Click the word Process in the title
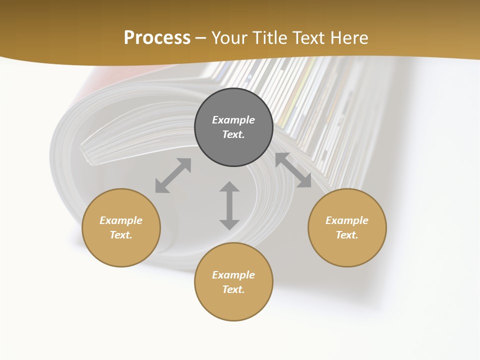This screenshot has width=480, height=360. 157,37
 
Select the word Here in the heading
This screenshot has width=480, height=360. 350,37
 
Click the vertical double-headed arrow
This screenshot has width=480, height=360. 229,205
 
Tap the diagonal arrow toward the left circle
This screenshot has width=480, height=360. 173,175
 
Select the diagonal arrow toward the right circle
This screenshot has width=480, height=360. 293,170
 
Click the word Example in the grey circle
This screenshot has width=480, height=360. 233,120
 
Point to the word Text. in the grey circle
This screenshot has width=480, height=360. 233,134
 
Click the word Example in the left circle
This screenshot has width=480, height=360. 121,220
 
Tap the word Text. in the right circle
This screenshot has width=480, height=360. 347,235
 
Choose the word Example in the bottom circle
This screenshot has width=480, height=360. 233,275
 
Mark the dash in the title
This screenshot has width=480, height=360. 201,38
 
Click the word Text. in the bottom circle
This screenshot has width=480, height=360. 233,289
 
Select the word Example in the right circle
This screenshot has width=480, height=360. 347,220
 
